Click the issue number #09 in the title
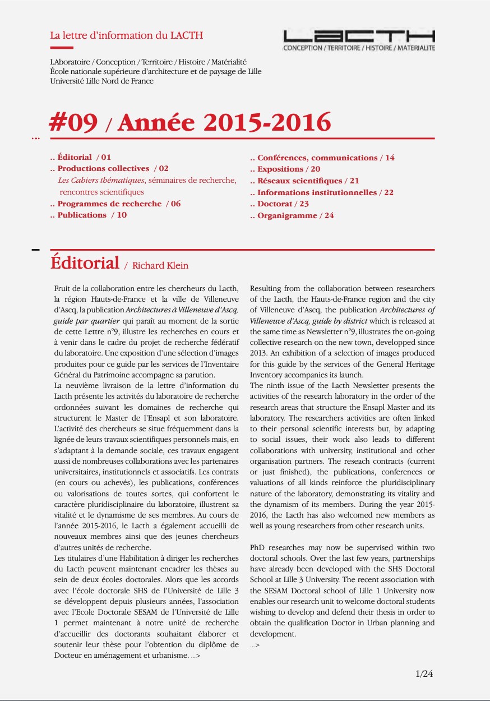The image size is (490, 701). tap(74, 122)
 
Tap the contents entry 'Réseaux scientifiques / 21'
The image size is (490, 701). tap(308, 181)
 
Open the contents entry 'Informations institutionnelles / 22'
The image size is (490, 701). tap(325, 192)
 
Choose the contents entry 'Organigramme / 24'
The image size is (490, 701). tap(295, 215)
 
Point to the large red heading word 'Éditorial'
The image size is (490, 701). tap(85, 262)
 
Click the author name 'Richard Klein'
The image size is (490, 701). tap(160, 266)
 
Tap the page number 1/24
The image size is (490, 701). tap(424, 674)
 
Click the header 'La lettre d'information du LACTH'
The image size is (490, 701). tap(126, 36)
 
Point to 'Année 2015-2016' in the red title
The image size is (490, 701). tap(224, 122)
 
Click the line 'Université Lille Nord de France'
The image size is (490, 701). tap(101, 81)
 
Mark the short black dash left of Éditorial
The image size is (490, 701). tap(36, 249)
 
